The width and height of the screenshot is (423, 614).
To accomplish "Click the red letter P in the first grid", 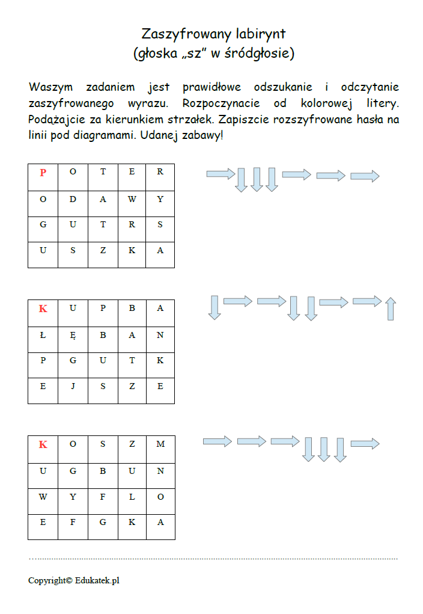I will [x=43, y=173].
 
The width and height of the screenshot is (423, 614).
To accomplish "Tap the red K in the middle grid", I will [x=43, y=309].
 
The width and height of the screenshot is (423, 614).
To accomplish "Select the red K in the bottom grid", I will [x=43, y=444].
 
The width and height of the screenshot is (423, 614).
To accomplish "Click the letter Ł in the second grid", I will [x=43, y=335].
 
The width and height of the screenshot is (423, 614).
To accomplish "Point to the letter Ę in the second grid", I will [x=73, y=335].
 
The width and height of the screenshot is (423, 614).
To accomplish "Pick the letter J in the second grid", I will [x=73, y=387].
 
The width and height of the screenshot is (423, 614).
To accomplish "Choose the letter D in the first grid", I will [x=73, y=200].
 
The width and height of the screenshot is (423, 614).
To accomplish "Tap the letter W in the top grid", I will [x=132, y=200].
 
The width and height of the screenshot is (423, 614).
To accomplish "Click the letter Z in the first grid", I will [x=103, y=251].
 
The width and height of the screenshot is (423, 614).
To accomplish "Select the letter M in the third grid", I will [x=160, y=444].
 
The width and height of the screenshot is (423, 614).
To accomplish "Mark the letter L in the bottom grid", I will [x=132, y=497].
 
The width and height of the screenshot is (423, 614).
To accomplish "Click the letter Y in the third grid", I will [x=73, y=497].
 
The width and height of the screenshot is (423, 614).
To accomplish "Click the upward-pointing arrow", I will [x=391, y=309].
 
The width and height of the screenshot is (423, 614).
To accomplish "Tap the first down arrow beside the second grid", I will [x=215, y=307].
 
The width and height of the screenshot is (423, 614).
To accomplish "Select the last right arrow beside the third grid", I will [x=365, y=444].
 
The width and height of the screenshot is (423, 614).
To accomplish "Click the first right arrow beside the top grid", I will [x=221, y=174].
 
